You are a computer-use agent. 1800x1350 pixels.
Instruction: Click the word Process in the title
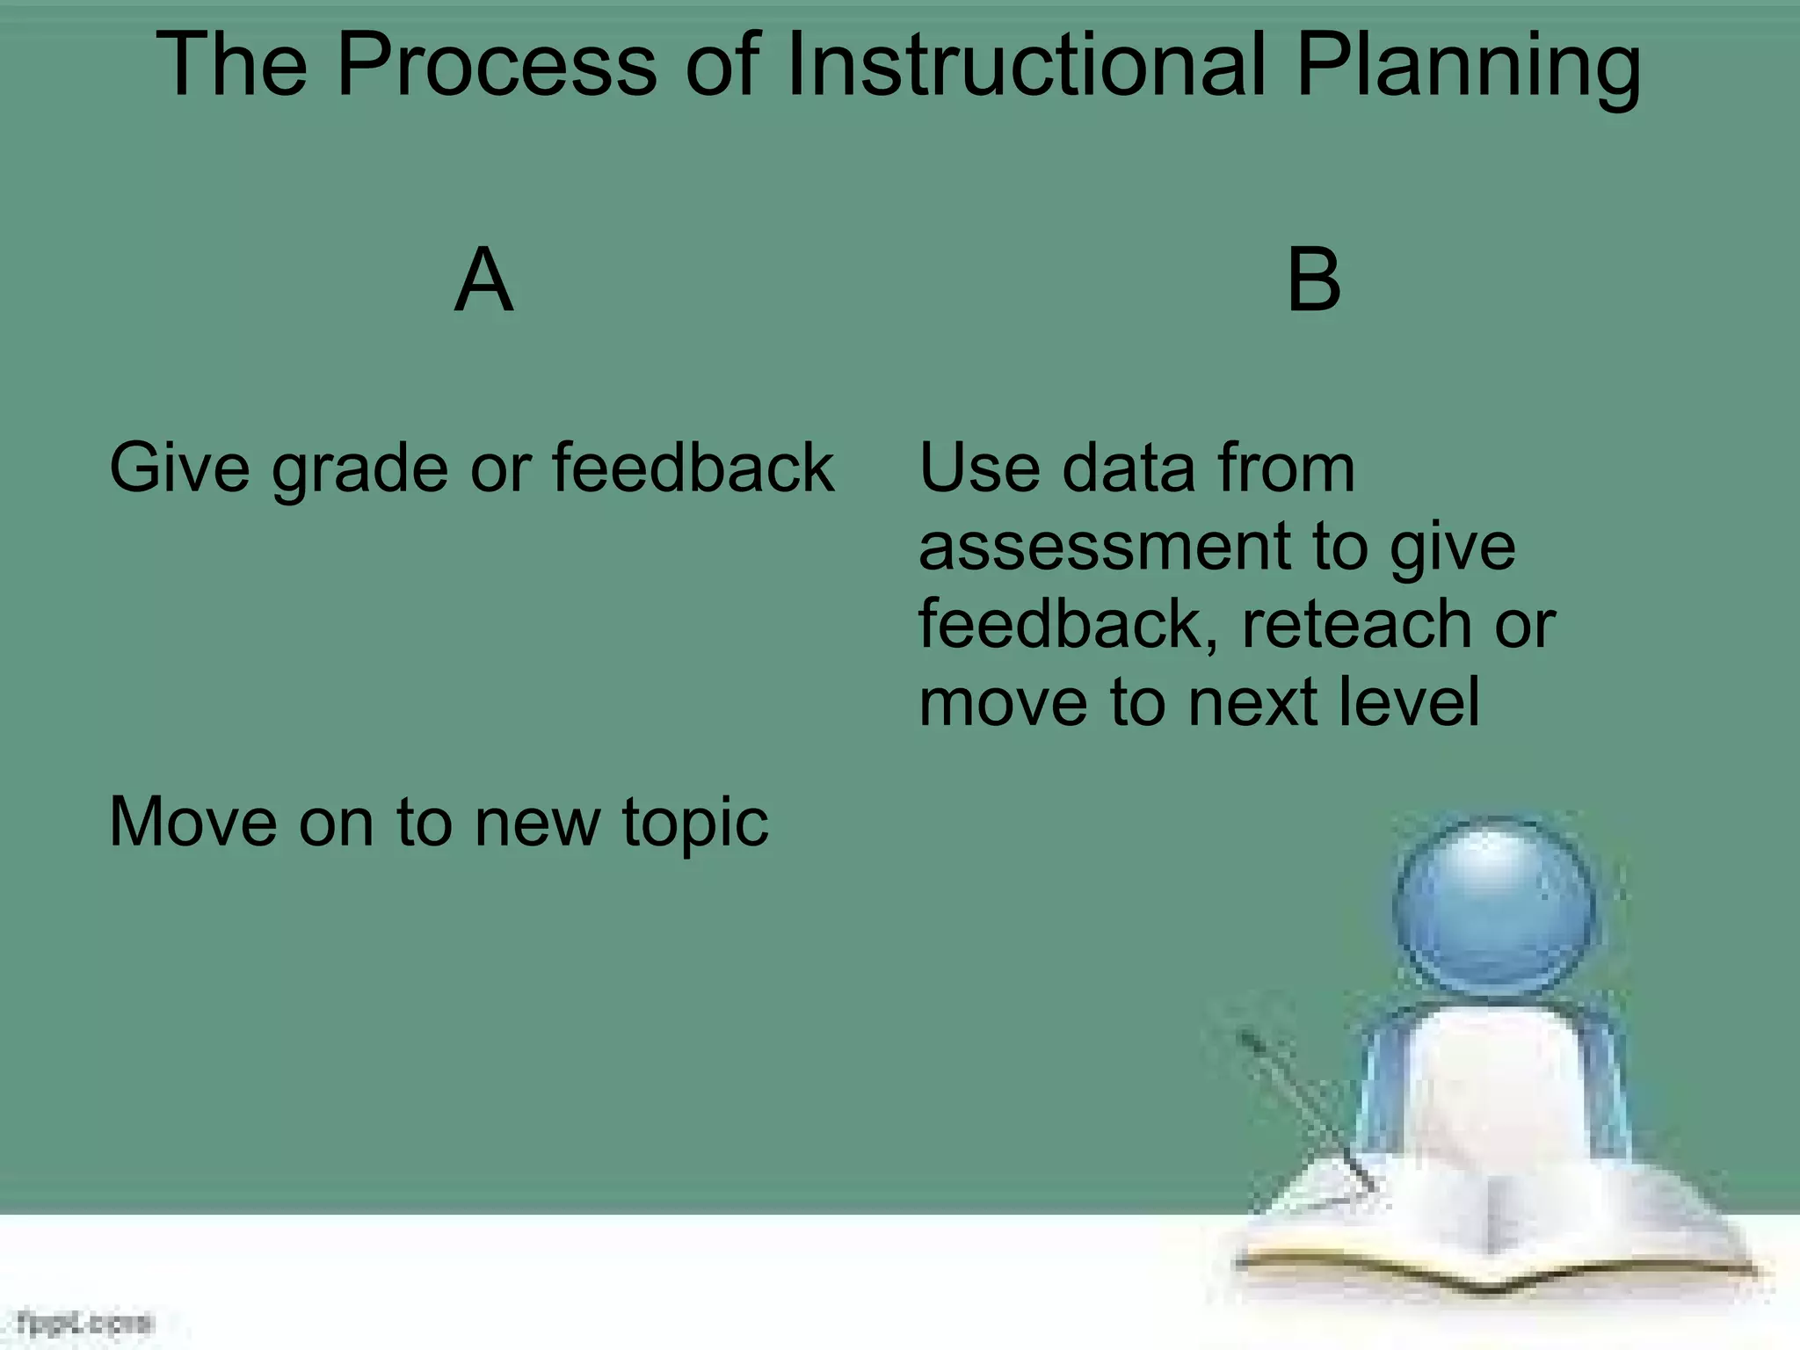497,66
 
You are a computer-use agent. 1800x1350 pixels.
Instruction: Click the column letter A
483,281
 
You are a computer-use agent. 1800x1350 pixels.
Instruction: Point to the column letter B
1314,281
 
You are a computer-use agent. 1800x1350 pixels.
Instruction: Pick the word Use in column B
979,468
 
